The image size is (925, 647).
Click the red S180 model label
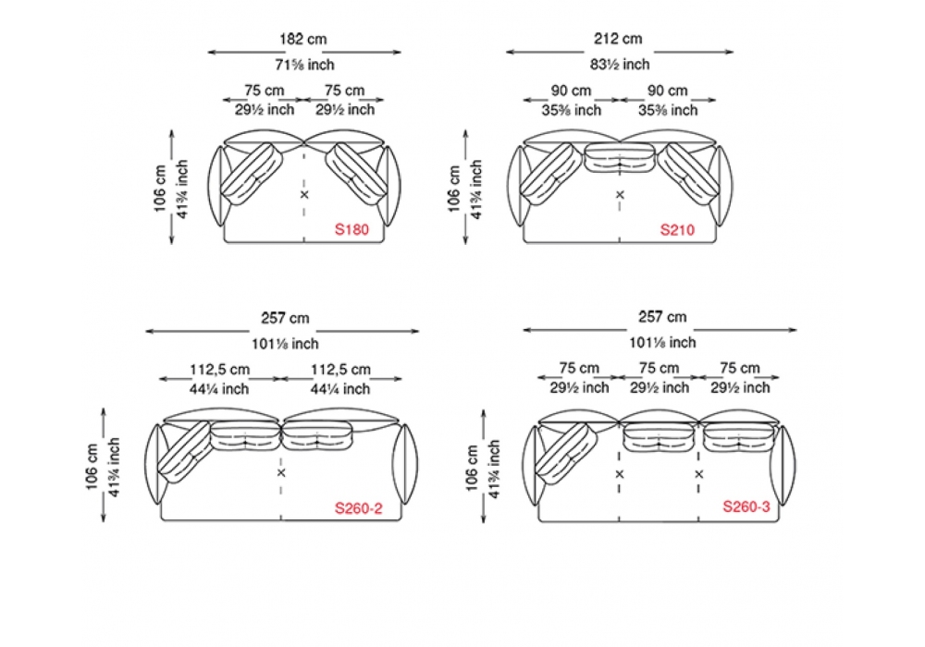coord(351,229)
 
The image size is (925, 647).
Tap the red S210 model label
coord(677,230)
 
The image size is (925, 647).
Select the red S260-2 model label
coord(358,508)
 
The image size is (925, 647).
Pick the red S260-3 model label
coord(746,507)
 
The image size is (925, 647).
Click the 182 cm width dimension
coord(302,39)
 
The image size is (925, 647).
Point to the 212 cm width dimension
coord(618,39)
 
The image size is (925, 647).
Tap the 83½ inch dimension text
coord(620,64)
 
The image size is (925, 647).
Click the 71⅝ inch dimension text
coord(304,65)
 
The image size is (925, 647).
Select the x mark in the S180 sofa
coord(304,194)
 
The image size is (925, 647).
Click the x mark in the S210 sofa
coord(620,194)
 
